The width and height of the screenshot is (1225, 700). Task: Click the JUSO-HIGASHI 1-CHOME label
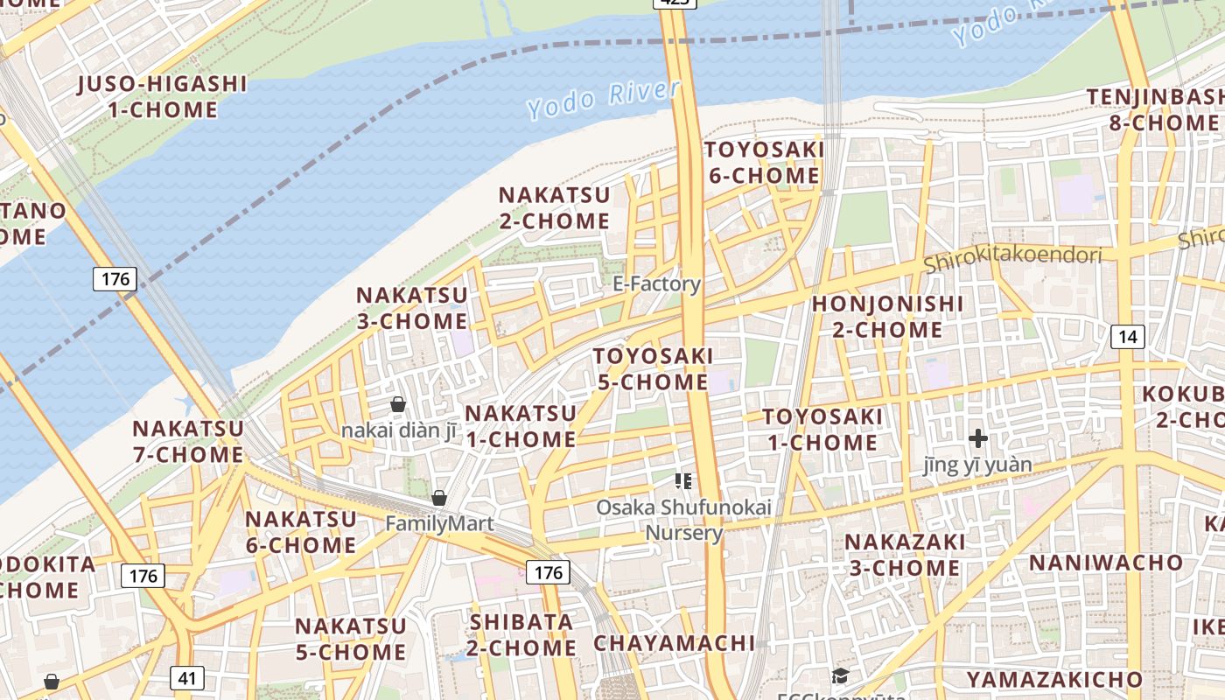click(163, 97)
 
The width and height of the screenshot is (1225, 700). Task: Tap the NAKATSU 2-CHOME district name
click(554, 207)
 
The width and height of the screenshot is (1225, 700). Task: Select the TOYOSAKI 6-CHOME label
click(764, 163)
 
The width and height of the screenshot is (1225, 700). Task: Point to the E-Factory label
click(656, 283)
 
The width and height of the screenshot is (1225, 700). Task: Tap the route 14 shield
click(1128, 336)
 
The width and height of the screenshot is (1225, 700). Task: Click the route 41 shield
click(185, 677)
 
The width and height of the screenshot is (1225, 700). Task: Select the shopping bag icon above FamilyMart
click(439, 498)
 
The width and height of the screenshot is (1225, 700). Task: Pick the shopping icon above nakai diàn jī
click(398, 404)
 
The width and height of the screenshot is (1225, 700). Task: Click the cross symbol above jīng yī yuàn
click(978, 438)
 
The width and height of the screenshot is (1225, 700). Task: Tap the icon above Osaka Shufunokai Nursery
click(683, 480)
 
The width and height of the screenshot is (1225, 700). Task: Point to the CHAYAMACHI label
click(674, 643)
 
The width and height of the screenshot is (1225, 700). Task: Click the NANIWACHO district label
click(1106, 562)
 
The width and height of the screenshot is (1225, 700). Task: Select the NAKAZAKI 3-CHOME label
click(905, 555)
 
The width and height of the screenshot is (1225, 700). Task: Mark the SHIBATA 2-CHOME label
click(521, 634)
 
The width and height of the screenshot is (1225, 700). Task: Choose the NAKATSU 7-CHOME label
click(187, 442)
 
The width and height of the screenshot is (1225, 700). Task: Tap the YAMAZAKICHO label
click(1054, 679)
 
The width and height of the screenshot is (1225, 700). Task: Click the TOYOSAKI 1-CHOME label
click(822, 430)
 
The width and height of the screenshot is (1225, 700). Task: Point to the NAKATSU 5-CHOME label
click(350, 639)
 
